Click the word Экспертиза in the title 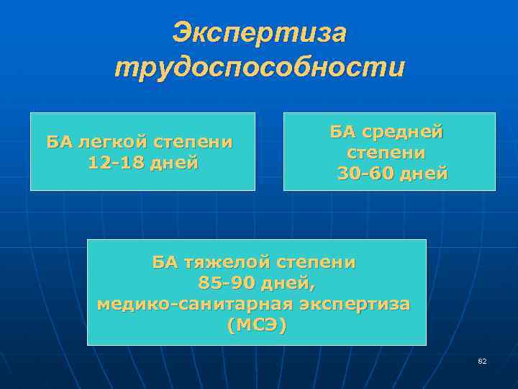pos(260,32)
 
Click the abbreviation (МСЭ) pos(256,326)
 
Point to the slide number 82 pos(482,361)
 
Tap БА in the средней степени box pos(342,132)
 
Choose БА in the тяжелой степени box pos(164,261)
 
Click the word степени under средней pos(386,153)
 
